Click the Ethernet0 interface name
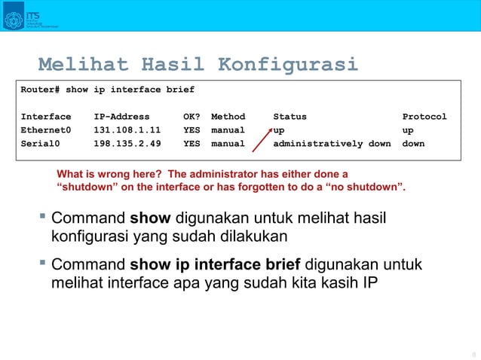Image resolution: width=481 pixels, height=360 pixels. click(x=46, y=130)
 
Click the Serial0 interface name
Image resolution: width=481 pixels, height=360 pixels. click(x=41, y=142)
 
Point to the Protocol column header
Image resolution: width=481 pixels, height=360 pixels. click(x=424, y=117)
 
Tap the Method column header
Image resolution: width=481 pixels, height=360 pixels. click(x=228, y=117)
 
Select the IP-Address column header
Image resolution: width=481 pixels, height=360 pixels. click(x=122, y=117)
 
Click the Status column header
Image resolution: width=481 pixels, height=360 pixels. click(x=290, y=117)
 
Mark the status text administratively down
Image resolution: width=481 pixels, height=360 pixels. click(x=332, y=142)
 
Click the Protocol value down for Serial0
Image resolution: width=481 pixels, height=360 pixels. click(x=413, y=142)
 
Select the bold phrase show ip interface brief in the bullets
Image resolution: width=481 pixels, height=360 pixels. click(x=216, y=265)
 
